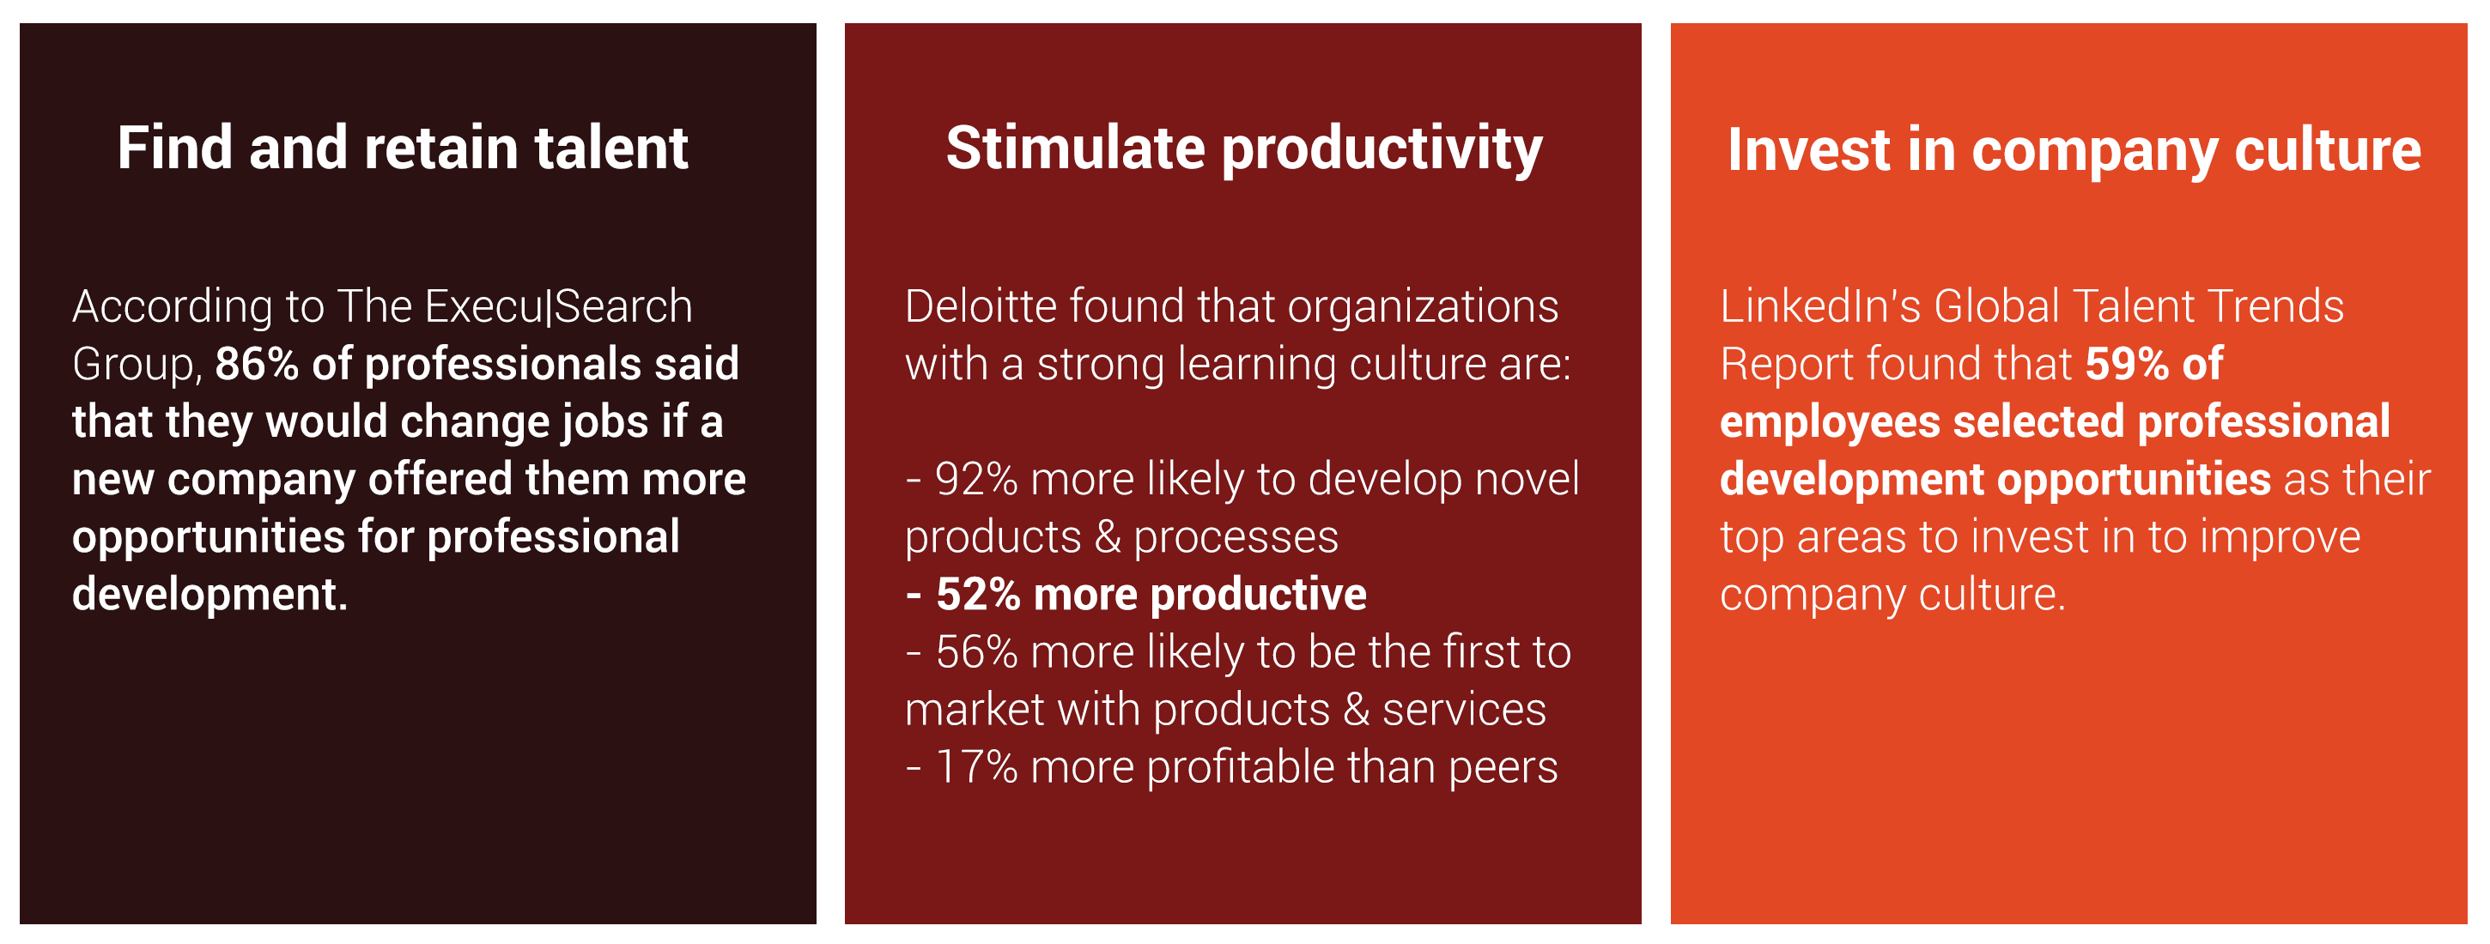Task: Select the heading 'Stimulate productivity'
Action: [1244, 150]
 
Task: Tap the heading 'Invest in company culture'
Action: [2074, 152]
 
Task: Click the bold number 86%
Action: [257, 364]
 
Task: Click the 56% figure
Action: [976, 652]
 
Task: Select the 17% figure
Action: [976, 767]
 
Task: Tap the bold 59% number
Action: [2128, 364]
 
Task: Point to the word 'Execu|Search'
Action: [559, 306]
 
